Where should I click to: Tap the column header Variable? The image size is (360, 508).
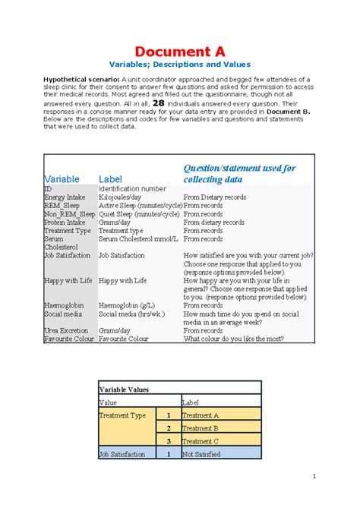[62, 179]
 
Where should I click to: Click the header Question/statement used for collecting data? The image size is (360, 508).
[239, 174]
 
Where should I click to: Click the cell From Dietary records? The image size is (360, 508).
[215, 197]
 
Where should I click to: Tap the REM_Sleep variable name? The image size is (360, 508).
[62, 205]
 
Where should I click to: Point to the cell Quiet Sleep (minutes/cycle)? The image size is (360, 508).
[139, 214]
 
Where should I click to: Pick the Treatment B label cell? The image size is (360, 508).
[201, 428]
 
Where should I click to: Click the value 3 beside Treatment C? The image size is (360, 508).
[168, 441]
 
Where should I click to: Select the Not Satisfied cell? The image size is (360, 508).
[201, 454]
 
